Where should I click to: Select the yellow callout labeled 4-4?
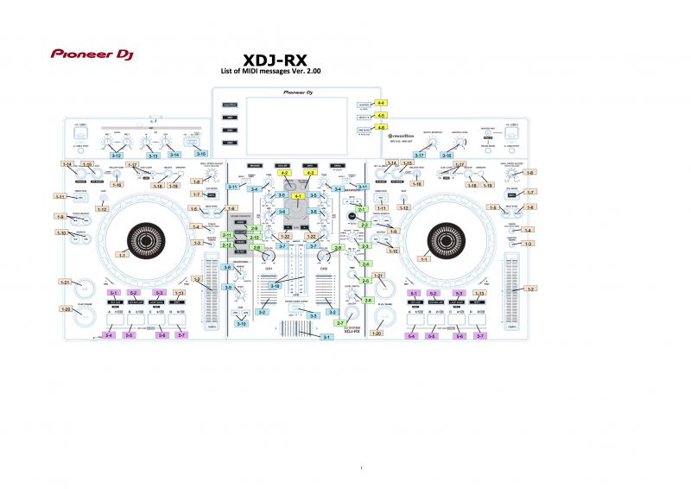(x=381, y=103)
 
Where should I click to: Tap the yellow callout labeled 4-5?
(x=381, y=115)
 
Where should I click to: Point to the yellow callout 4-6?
(x=381, y=127)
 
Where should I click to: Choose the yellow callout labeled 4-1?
(x=298, y=196)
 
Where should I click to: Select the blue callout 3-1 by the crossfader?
(x=326, y=337)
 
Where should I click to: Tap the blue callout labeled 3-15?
(x=201, y=152)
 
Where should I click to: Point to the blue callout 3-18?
(x=275, y=285)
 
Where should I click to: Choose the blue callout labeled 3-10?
(x=242, y=323)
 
